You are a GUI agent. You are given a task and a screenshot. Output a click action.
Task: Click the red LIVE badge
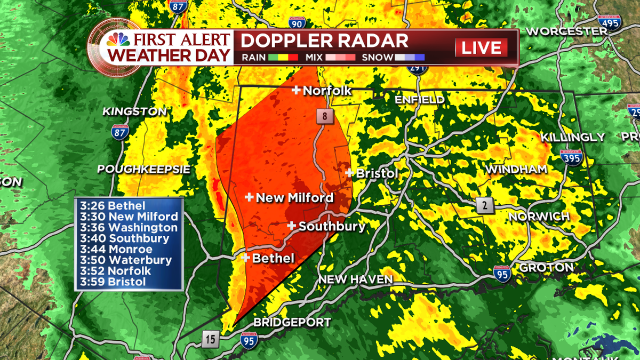click(481, 47)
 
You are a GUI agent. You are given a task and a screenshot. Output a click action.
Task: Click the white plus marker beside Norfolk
click(295, 91)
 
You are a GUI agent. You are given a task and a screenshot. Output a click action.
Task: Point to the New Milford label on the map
click(294, 198)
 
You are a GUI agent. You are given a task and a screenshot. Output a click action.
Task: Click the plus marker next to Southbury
click(292, 226)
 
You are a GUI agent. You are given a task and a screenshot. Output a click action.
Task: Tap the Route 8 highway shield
click(324, 116)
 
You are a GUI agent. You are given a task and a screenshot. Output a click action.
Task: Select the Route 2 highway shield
click(484, 205)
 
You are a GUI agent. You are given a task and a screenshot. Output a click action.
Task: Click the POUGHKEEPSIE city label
click(143, 169)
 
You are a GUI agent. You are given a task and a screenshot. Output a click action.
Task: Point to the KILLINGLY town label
click(573, 138)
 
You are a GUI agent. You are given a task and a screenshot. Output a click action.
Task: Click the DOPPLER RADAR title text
click(324, 41)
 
